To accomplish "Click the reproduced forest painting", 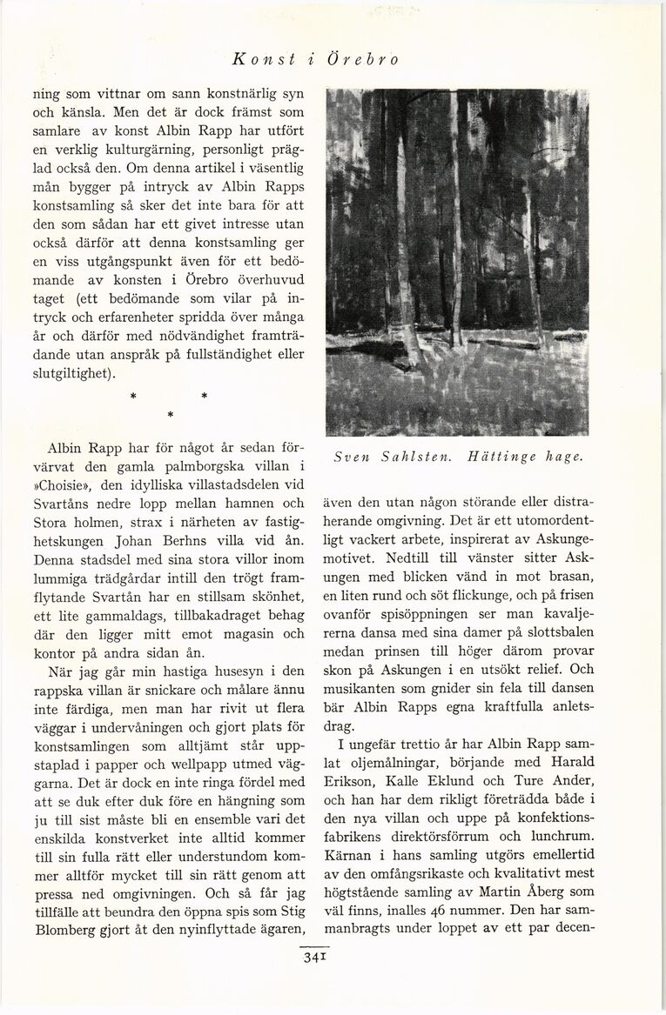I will [x=456, y=261].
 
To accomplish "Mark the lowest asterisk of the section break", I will [x=172, y=413].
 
